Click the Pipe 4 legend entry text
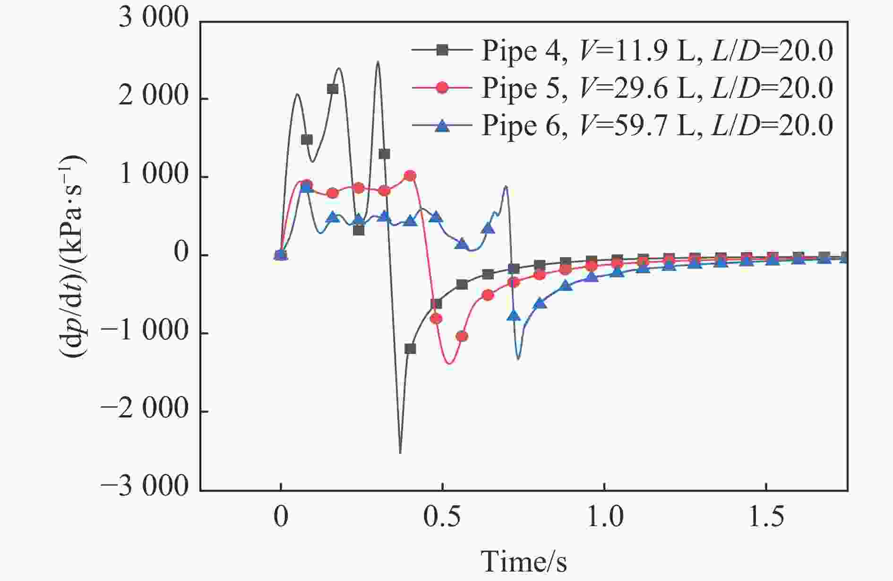click(657, 51)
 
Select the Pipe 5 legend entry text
click(657, 88)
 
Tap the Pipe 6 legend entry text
click(657, 126)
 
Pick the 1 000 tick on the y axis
click(154, 176)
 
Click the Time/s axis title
click(524, 562)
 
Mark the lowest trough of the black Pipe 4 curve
click(400, 453)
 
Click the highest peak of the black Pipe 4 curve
click(378, 62)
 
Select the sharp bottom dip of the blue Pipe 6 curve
click(518, 359)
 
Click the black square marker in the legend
click(442, 50)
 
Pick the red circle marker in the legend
click(442, 87)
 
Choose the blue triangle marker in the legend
click(442, 125)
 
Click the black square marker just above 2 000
click(333, 89)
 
